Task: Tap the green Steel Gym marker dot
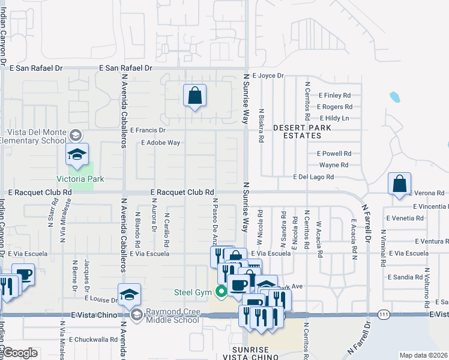point(221,292)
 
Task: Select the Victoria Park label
point(80,179)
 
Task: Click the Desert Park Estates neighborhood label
point(297,132)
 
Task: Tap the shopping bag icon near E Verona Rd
point(400,185)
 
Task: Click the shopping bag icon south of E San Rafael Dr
point(194,96)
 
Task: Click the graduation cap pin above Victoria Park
point(77,155)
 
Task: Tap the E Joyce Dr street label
point(268,76)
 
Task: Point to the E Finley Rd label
point(334,95)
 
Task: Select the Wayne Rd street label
point(334,165)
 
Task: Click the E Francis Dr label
point(147,130)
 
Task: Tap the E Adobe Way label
point(160,143)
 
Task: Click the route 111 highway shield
point(385,314)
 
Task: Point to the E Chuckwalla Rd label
point(92,340)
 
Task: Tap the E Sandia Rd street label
point(405,277)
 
